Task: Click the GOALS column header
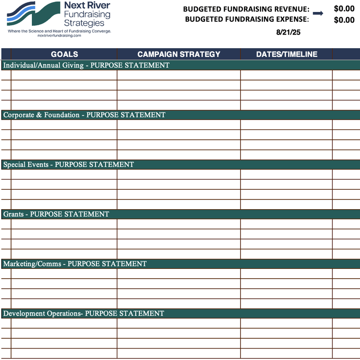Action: point(64,54)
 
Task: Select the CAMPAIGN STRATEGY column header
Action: point(179,54)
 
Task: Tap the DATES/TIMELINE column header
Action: point(287,54)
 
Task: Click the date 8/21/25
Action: point(288,32)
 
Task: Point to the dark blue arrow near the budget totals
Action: point(318,13)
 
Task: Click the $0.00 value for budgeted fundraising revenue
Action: point(344,9)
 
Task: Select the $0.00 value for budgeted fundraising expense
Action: point(344,20)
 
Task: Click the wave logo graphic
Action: point(33,13)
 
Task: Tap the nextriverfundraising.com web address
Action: point(59,35)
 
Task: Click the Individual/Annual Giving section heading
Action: point(86,65)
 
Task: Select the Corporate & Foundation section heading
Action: point(84,115)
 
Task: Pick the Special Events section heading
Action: point(69,165)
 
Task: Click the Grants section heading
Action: point(56,214)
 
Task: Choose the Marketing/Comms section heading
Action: point(75,264)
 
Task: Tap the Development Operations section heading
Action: point(84,314)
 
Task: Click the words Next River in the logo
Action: point(87,5)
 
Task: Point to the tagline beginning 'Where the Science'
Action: point(59,31)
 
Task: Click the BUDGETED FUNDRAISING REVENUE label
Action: point(246,9)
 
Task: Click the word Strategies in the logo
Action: point(87,23)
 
